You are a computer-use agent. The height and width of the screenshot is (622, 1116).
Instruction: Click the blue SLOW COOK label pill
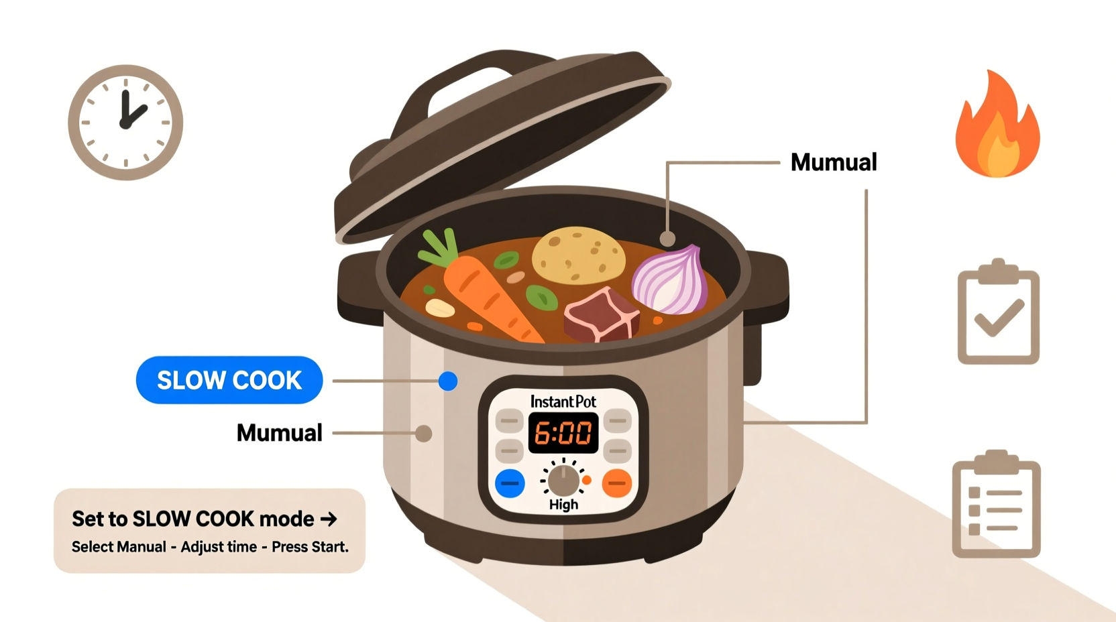[x=229, y=380]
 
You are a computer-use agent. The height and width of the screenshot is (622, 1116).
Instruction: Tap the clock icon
[x=125, y=122]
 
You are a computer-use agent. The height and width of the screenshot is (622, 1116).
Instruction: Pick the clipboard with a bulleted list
[x=996, y=506]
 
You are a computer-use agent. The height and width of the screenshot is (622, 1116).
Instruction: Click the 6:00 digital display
[x=563, y=433]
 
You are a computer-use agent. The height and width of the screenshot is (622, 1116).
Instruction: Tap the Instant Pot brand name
[x=563, y=401]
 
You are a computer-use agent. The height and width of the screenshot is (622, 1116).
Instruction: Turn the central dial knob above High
[x=563, y=480]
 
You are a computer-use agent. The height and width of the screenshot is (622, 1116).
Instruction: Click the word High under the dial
[x=563, y=505]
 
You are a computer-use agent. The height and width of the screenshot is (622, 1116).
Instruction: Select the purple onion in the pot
[x=671, y=282]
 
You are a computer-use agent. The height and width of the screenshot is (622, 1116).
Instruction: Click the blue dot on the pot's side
[x=448, y=381]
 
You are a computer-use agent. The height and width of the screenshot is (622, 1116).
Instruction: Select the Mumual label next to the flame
[x=834, y=162]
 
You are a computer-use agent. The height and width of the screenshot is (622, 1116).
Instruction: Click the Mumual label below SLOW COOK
[x=279, y=433]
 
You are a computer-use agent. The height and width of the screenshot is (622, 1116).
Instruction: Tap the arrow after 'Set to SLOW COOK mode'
[x=329, y=519]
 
